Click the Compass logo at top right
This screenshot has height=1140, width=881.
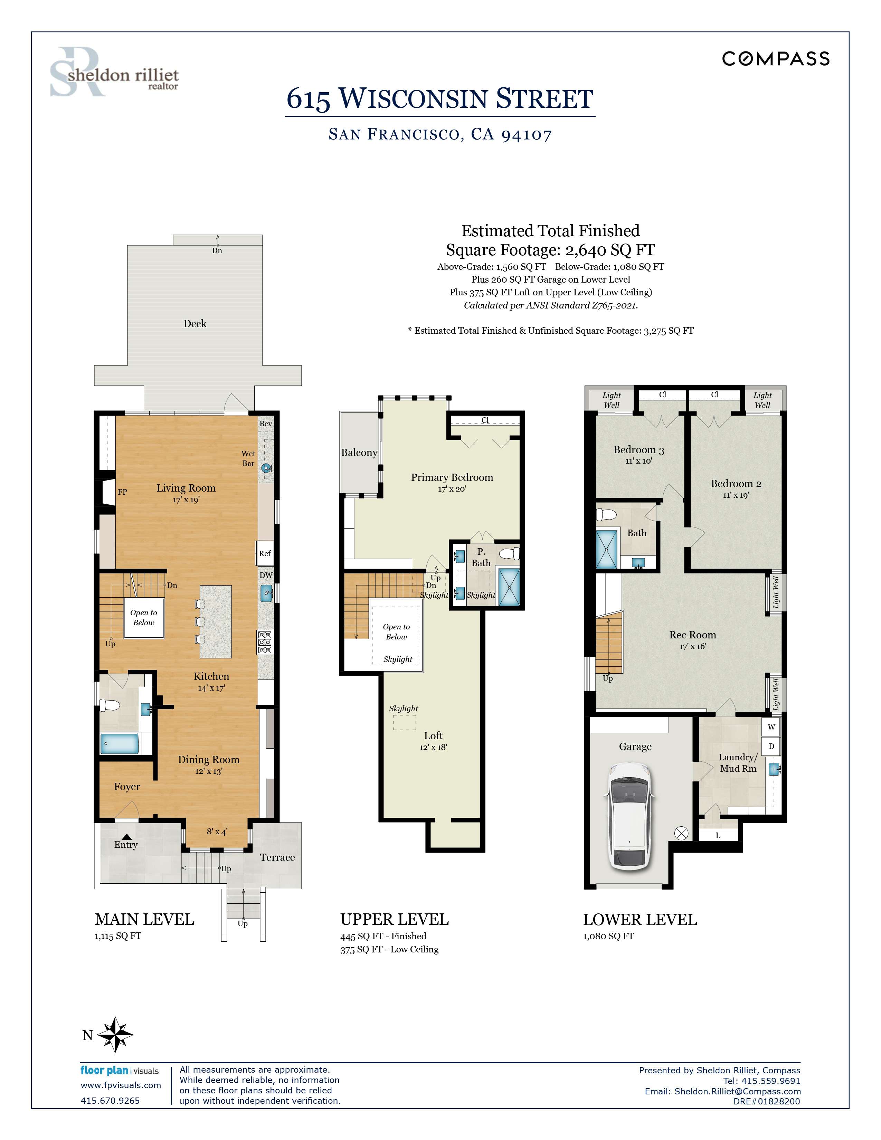coord(776,58)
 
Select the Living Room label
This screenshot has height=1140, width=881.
coord(186,488)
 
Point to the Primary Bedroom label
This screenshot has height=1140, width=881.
coord(452,477)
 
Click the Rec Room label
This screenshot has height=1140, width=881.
coord(693,635)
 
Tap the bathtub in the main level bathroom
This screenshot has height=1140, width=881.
coord(120,744)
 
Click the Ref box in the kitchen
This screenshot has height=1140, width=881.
coord(265,553)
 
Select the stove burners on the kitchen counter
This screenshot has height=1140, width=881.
coord(265,643)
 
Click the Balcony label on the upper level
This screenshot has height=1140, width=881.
coord(359,453)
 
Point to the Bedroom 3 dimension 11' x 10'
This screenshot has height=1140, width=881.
coord(639,461)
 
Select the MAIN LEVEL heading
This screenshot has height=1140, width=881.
coord(144,919)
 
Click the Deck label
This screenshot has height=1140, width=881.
coord(195,324)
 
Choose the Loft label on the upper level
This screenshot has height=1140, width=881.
coord(433,735)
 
